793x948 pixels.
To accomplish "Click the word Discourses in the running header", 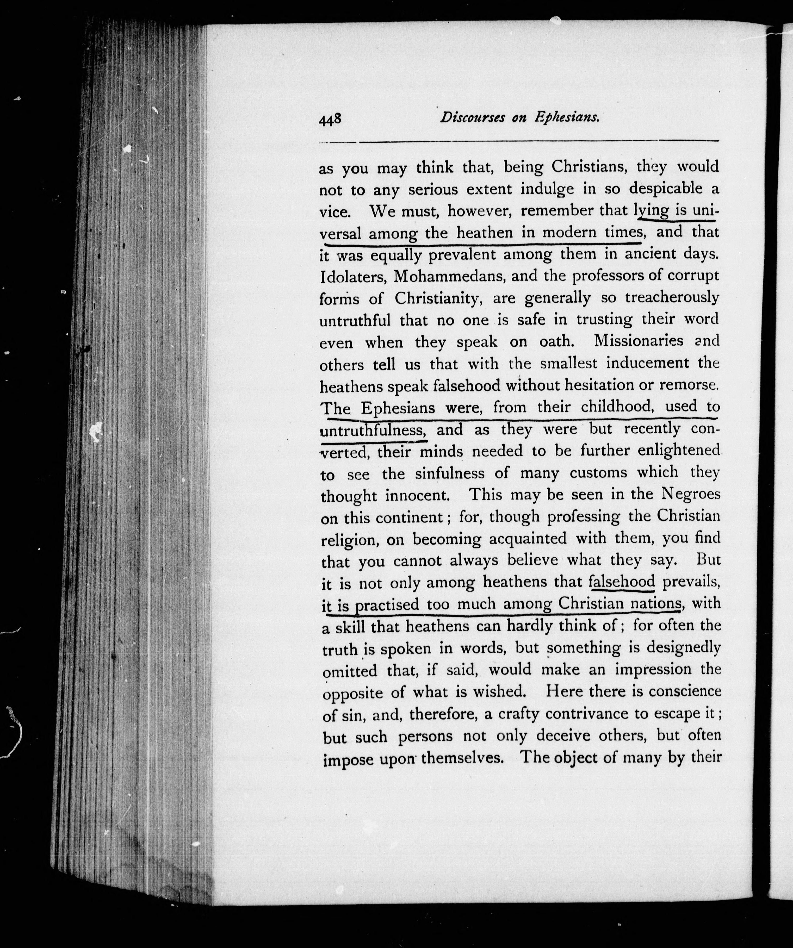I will pyautogui.click(x=472, y=117).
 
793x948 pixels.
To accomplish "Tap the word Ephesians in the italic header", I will pyautogui.click(x=567, y=117).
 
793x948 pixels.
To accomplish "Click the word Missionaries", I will pyautogui.click(x=638, y=341).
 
